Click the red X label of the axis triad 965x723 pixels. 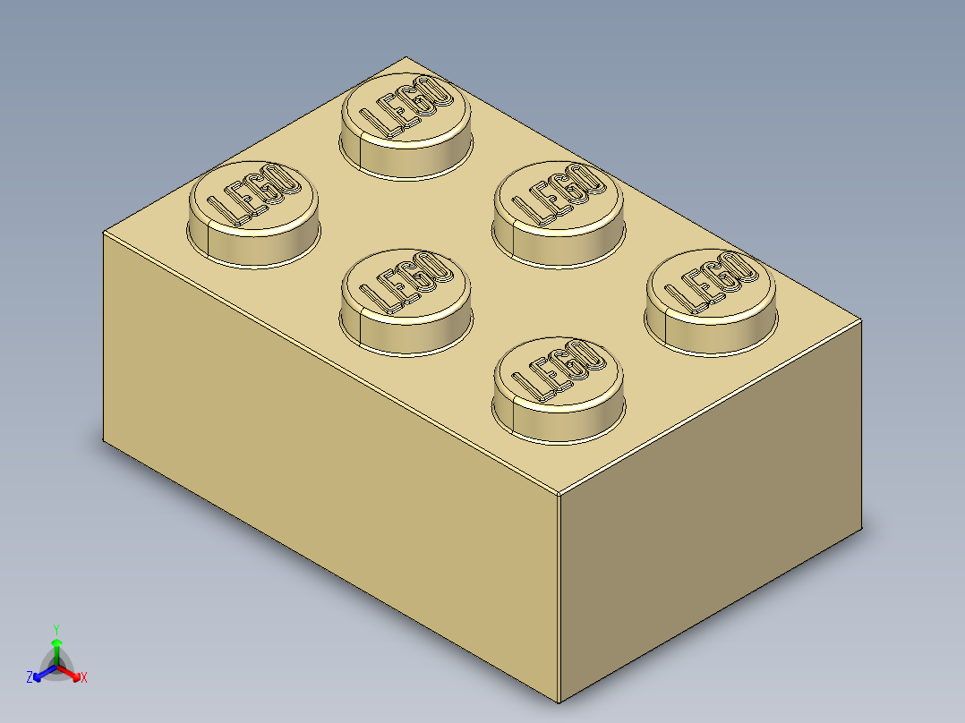84,678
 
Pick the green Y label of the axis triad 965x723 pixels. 56,629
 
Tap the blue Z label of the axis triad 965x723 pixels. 30,677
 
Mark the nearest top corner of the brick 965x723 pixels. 559,493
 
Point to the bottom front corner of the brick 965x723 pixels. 559,702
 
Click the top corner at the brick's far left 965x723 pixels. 104,232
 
